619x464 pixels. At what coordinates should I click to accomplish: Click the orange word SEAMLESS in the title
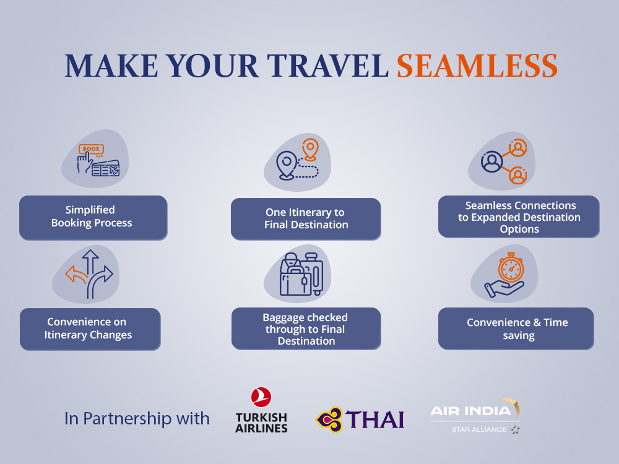point(477,66)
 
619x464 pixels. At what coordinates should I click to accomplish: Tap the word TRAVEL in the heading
point(327,66)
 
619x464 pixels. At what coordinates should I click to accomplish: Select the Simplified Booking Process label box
point(93,218)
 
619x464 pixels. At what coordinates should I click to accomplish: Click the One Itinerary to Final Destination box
point(306,219)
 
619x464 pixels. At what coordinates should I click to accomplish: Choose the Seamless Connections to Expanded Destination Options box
point(519,217)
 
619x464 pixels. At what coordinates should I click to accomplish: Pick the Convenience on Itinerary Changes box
point(90,329)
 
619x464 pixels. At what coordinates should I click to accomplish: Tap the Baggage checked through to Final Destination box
point(306,329)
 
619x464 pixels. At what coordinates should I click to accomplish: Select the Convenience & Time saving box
point(516,329)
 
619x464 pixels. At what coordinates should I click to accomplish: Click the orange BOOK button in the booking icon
point(91,148)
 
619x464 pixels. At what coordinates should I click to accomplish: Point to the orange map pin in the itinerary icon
point(310,149)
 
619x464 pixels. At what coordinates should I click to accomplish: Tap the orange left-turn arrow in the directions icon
point(76,275)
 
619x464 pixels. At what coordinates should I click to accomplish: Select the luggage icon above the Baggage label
point(301,274)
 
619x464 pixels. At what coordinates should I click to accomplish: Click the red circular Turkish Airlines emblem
point(261,397)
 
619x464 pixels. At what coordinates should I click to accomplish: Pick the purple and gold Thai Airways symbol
point(329,419)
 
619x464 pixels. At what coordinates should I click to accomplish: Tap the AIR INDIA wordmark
point(470,411)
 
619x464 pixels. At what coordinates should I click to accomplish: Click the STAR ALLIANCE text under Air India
point(479,429)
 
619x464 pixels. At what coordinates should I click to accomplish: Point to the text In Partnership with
point(137,419)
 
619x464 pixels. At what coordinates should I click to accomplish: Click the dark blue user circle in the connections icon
point(491,161)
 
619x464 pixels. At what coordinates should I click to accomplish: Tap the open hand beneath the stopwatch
point(503,289)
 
